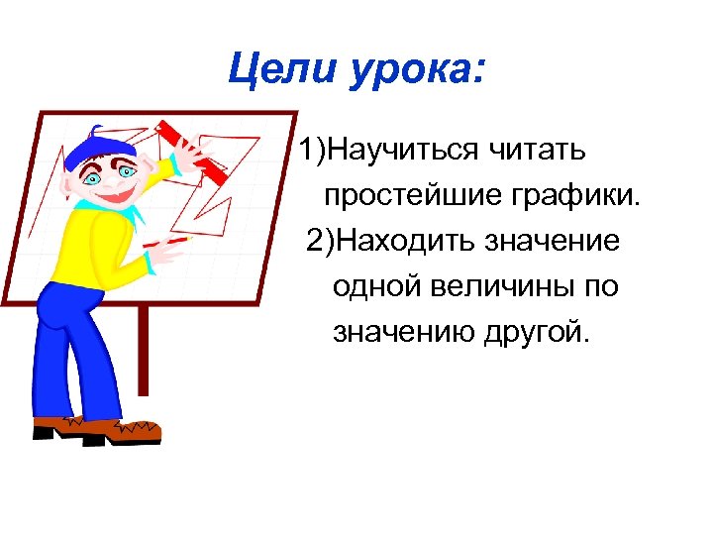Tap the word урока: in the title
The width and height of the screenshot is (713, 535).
click(x=415, y=70)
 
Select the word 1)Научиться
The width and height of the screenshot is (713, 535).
click(x=387, y=151)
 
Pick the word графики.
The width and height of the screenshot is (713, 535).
click(x=577, y=196)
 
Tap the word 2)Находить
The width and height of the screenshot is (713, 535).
click(x=392, y=242)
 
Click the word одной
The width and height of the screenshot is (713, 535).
click(x=377, y=287)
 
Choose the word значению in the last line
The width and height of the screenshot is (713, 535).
click(x=403, y=333)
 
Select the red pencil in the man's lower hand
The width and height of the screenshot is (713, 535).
click(x=168, y=241)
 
